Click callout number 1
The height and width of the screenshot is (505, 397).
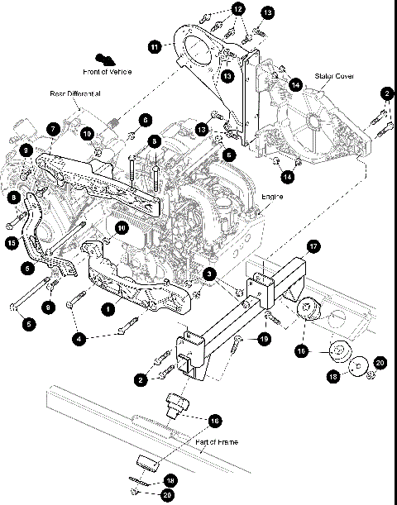click(107, 308)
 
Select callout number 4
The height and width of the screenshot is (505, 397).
click(79, 339)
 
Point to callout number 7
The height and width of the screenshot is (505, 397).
click(51, 129)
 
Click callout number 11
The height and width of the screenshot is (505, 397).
click(154, 48)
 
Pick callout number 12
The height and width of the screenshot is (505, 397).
click(238, 9)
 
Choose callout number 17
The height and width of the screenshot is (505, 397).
click(313, 245)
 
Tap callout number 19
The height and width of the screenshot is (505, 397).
click(263, 339)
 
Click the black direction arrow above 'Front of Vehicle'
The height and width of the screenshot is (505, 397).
click(104, 58)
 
